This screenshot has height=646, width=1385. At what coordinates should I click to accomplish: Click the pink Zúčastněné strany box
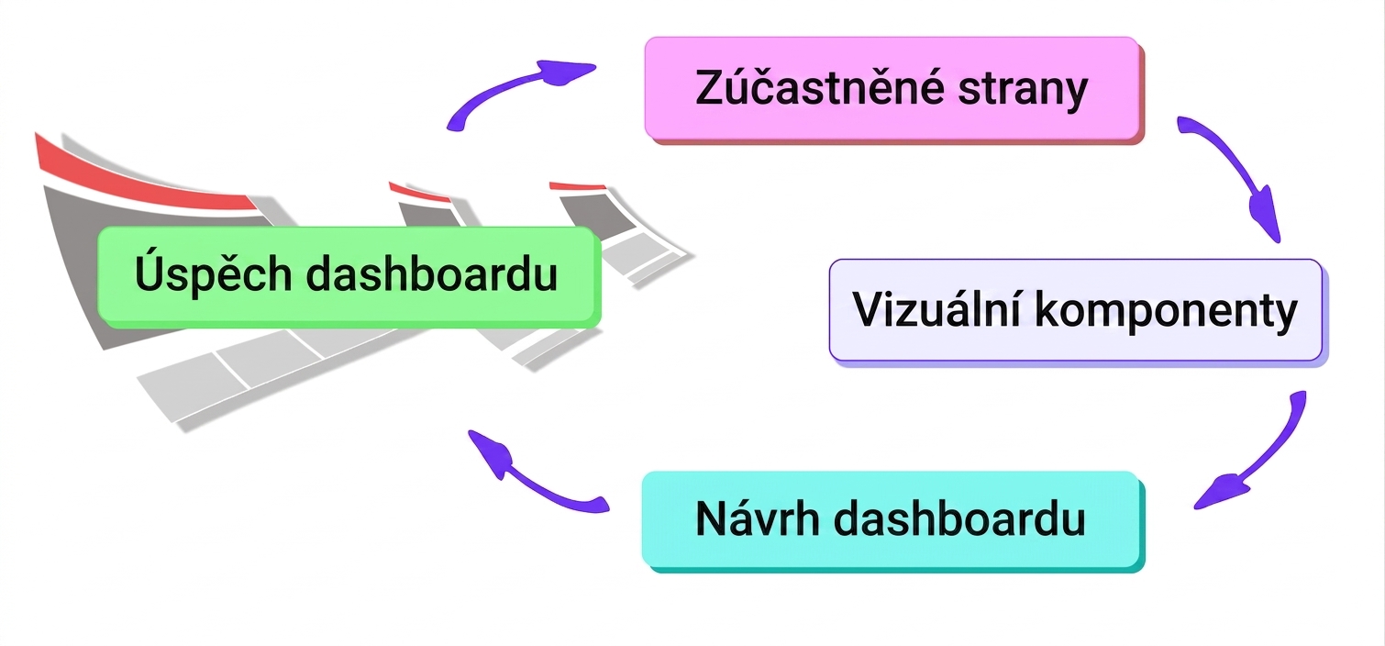(893, 90)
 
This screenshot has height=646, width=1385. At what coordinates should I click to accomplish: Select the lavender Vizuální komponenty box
(1077, 311)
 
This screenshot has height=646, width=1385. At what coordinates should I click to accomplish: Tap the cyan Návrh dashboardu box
(892, 521)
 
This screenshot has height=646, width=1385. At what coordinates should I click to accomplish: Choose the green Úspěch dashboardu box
(349, 276)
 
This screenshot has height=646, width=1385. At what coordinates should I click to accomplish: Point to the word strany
(1023, 93)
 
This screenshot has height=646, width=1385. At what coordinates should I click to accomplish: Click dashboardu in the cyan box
(959, 518)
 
